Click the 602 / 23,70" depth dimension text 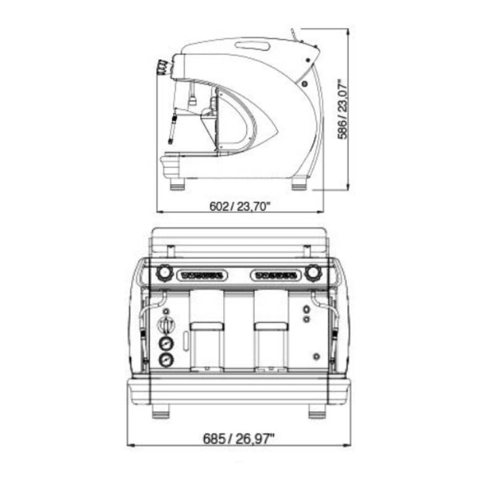(240, 206)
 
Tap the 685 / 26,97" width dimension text (238, 438)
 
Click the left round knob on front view (164, 273)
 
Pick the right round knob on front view (313, 272)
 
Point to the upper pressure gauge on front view (166, 343)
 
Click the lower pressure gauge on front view (166, 360)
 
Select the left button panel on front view (203, 275)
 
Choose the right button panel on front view (276, 275)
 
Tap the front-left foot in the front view (161, 411)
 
